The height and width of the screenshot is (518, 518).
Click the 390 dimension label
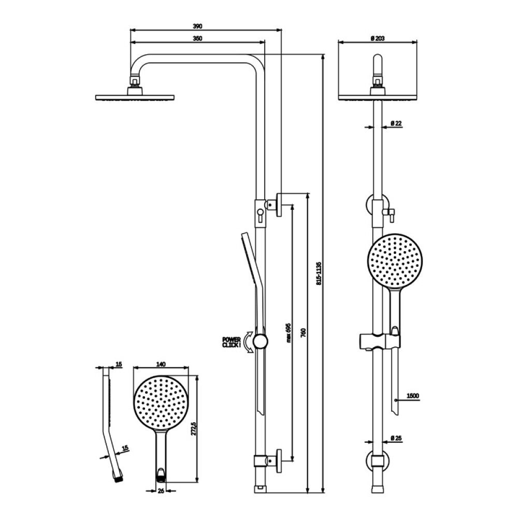pyautogui.click(x=197, y=26)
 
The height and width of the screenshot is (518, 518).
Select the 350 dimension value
pyautogui.click(x=197, y=38)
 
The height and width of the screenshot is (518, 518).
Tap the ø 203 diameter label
pyautogui.click(x=378, y=38)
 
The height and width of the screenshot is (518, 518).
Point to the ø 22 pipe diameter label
pyautogui.click(x=396, y=123)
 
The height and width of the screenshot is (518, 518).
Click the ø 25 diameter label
pyautogui.click(x=396, y=438)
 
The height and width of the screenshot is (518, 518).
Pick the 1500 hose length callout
pyautogui.click(x=413, y=396)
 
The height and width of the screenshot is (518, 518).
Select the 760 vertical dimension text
pyautogui.click(x=304, y=333)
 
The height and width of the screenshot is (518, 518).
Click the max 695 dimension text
pyautogui.click(x=289, y=333)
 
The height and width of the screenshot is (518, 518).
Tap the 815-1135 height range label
pyautogui.click(x=319, y=274)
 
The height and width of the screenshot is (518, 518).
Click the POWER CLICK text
pyautogui.click(x=231, y=342)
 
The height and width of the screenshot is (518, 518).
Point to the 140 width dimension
pyautogui.click(x=161, y=364)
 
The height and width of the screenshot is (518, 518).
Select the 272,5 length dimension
pyautogui.click(x=194, y=428)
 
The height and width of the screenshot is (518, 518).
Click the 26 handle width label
pyautogui.click(x=161, y=491)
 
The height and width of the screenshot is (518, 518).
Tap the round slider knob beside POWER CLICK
pyautogui.click(x=261, y=341)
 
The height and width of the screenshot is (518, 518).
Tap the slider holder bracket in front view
pyautogui.click(x=380, y=341)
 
